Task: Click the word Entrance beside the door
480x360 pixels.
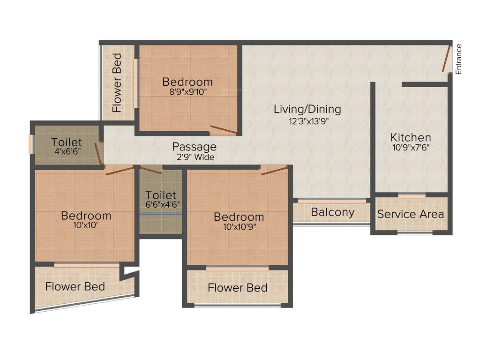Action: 459,59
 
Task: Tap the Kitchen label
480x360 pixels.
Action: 411,137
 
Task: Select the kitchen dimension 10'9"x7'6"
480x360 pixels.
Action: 411,147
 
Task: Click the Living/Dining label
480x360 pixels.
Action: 307,109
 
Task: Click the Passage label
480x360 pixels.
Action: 194,147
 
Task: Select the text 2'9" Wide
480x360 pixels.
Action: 195,157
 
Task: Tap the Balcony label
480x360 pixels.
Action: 333,212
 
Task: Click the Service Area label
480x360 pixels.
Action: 411,214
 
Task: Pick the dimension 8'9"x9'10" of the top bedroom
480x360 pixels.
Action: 187,92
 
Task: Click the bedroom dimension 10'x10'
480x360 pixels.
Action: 86,225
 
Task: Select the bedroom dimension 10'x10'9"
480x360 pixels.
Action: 239,227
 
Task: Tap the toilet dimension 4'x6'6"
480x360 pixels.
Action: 66,151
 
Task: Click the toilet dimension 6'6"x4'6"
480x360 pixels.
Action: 161,204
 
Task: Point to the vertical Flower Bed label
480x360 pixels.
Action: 117,82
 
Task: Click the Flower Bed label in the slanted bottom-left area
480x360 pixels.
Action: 75,286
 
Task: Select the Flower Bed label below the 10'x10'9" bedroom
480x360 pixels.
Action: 237,287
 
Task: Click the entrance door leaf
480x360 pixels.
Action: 446,59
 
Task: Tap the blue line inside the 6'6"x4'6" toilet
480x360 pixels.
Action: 161,214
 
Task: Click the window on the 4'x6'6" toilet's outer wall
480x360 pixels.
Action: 31,144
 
